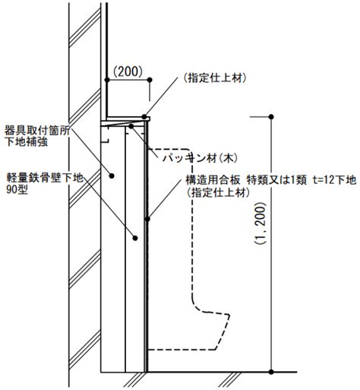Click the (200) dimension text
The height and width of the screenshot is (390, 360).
[128, 71]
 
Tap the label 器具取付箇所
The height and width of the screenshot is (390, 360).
[37, 131]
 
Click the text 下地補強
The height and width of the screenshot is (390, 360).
[27, 142]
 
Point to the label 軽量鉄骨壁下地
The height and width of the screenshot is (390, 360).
[45, 178]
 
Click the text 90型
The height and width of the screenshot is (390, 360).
[17, 190]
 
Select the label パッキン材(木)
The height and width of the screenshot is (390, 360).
[201, 158]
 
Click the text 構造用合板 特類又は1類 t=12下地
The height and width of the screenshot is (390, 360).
[271, 180]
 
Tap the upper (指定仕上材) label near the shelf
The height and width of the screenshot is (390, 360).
[215, 78]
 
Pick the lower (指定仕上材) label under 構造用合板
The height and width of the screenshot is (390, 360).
[218, 193]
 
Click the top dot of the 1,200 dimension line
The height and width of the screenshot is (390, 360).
[271, 117]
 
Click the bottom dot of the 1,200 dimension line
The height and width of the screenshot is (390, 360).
[271, 373]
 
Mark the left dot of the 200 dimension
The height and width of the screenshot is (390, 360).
[107, 80]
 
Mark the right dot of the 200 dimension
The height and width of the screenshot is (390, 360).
[150, 80]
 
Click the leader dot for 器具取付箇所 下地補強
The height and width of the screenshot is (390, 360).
[112, 176]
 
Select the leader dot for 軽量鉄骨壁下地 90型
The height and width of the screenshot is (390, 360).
[135, 238]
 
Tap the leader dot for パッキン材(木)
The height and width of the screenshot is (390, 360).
[131, 126]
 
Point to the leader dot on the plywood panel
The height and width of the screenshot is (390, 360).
[147, 219]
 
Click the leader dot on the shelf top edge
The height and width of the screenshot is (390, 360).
[144, 117]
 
